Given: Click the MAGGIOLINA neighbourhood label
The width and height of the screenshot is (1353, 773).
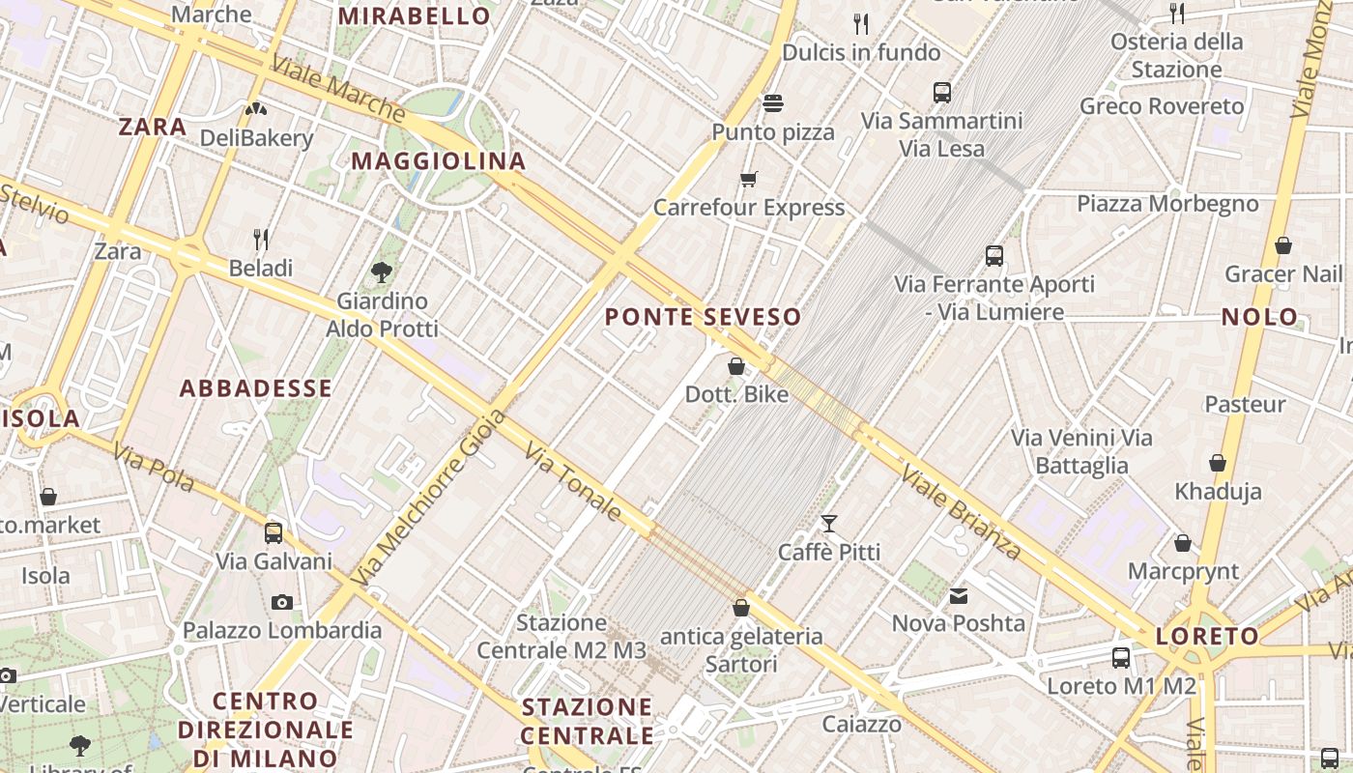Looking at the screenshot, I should pyautogui.click(x=438, y=161).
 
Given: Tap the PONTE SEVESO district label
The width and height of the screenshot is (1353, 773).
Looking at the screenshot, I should pyautogui.click(x=703, y=317).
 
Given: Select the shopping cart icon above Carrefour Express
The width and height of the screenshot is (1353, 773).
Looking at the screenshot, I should pyautogui.click(x=748, y=179).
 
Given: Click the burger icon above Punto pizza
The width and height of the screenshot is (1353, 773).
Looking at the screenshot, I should pyautogui.click(x=772, y=102).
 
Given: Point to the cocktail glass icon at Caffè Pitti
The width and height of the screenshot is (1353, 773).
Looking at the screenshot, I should pyautogui.click(x=828, y=524).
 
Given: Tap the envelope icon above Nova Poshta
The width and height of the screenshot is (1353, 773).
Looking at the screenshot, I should pyautogui.click(x=958, y=596).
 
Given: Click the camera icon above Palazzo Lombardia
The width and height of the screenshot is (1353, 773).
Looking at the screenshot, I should pyautogui.click(x=281, y=603).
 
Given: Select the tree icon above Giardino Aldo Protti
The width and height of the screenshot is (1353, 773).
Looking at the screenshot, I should pyautogui.click(x=382, y=272).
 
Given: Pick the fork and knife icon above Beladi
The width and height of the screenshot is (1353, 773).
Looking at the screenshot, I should pyautogui.click(x=260, y=239).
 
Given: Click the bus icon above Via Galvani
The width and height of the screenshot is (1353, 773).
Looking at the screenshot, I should pyautogui.click(x=273, y=532).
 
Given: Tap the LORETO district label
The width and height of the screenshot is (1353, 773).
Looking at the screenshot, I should pyautogui.click(x=1208, y=637).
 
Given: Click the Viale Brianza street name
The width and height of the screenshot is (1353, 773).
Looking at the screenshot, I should pyautogui.click(x=961, y=513).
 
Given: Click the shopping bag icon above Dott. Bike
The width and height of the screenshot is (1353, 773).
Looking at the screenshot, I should pyautogui.click(x=736, y=366).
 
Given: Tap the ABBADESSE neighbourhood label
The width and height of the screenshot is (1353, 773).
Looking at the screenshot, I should pyautogui.click(x=256, y=388).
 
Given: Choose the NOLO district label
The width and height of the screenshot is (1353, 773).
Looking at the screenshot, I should pyautogui.click(x=1259, y=317).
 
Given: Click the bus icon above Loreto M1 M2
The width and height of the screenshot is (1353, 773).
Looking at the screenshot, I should pyautogui.click(x=1121, y=658).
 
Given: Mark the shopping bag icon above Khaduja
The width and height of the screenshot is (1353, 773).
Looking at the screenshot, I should pyautogui.click(x=1218, y=463).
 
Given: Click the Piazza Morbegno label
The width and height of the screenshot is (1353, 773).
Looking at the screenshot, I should pyautogui.click(x=1167, y=204).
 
